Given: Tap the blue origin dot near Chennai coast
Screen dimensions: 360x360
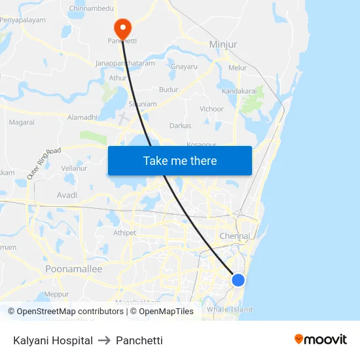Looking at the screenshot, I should pyautogui.click(x=238, y=280).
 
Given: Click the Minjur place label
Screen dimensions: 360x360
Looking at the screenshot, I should pyautogui.click(x=223, y=45).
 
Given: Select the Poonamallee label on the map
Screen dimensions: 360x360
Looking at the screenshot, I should pyautogui.click(x=74, y=269).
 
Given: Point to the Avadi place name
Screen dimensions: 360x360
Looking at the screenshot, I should pyautogui.click(x=67, y=195).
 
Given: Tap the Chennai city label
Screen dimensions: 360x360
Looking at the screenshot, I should pyautogui.click(x=235, y=236).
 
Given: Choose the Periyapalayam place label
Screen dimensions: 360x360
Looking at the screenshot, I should pyautogui.click(x=23, y=20).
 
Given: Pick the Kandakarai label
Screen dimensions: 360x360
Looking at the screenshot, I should pyautogui.click(x=238, y=91).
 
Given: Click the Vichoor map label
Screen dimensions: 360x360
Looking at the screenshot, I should pyautogui.click(x=211, y=109).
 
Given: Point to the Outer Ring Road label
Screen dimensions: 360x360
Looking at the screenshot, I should pyautogui.click(x=44, y=164).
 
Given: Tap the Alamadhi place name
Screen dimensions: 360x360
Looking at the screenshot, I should pyautogui.click(x=82, y=117).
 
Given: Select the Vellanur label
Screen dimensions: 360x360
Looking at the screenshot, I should pyautogui.click(x=74, y=168).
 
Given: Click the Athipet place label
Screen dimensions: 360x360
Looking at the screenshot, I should pyautogui.click(x=124, y=232).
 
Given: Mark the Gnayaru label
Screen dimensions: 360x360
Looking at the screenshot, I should pyautogui.click(x=183, y=67).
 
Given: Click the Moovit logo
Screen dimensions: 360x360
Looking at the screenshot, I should pyautogui.click(x=321, y=339).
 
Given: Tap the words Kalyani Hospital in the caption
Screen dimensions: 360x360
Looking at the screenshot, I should pyautogui.click(x=53, y=340).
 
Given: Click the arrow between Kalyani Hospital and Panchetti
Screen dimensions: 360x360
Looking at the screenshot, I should pyautogui.click(x=104, y=340).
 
